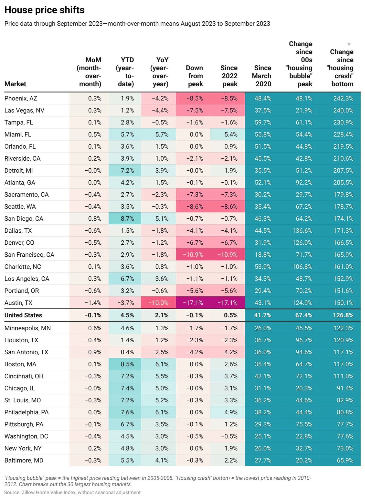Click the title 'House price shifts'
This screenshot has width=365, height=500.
coord(44,10)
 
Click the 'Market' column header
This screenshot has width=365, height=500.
coord(15,84)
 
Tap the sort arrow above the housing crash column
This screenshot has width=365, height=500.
coord(349,44)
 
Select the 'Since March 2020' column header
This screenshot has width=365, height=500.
coord(261,76)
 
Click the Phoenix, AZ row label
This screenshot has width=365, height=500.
coord(21,98)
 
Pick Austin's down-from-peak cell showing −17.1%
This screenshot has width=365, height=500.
coord(193,303)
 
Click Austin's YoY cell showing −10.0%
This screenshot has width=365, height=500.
coord(158,303)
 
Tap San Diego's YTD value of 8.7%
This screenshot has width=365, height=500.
coord(127,219)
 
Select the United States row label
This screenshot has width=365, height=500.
coord(23,315)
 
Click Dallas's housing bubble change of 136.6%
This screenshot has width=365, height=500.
coord(302,231)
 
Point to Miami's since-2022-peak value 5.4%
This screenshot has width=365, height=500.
coord(231,134)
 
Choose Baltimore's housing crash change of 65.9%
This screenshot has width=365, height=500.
coord(345,460)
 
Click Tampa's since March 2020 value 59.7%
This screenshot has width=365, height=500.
coord(263,122)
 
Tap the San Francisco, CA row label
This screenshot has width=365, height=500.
coord(29,255)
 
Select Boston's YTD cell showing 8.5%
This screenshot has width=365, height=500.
coord(127,364)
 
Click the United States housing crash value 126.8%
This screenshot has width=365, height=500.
coord(343,315)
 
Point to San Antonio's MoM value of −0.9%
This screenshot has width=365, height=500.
coord(93,352)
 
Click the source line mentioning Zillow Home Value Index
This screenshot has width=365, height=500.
coord(72,492)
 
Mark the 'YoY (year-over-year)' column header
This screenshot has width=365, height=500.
coord(159,72)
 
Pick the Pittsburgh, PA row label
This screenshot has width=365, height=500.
coord(24,424)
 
